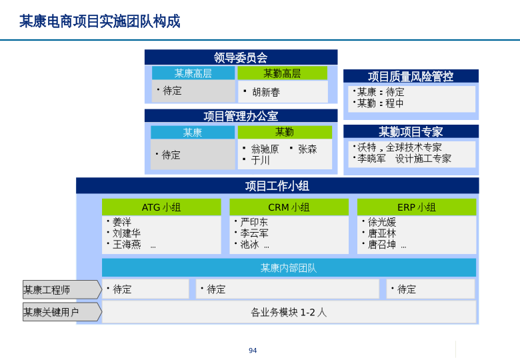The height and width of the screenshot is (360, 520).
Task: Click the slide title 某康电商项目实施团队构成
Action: tap(99, 21)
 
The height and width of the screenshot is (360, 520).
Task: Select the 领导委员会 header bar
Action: tap(241, 57)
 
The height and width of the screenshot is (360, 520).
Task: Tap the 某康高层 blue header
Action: tap(193, 73)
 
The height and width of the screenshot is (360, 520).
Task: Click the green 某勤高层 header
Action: tap(282, 73)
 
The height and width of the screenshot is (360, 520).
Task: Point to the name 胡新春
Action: tap(266, 92)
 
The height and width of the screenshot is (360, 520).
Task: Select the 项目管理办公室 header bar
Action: tap(241, 116)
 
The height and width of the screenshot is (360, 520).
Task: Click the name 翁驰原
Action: tap(265, 149)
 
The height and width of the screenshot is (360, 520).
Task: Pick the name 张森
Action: tap(307, 149)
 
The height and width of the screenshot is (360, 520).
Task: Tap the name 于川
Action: tap(260, 161)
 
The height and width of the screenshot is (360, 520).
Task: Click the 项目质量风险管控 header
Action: tap(411, 76)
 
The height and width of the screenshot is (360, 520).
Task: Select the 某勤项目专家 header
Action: tap(411, 131)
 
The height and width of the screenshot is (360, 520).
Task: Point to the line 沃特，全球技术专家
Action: tap(399, 147)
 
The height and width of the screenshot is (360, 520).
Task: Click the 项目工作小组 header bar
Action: tap(277, 185)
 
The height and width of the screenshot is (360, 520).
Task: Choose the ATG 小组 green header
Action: tap(161, 207)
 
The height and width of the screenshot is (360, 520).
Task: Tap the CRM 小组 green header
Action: tap(289, 207)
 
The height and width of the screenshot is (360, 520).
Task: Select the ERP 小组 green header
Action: tap(417, 207)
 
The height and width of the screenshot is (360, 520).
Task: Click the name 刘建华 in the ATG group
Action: tap(127, 233)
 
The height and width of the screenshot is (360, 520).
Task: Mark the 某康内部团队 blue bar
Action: tap(289, 268)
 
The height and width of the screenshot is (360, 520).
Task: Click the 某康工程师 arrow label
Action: tap(62, 290)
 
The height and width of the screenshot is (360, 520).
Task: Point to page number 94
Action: tap(253, 351)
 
